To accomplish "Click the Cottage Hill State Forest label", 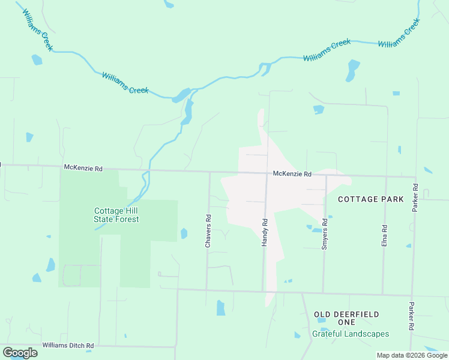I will tap(116, 215).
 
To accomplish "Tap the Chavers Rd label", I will tap(208, 232).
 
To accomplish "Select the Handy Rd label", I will tap(264, 232).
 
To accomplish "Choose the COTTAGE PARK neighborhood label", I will tap(370, 199).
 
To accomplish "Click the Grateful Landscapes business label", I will tap(350, 334).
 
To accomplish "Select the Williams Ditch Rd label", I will tap(68, 346).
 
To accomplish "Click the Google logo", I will tap(20, 352).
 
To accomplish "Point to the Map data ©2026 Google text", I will tap(412, 355).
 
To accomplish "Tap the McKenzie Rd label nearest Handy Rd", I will tap(292, 174).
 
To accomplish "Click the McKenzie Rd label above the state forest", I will tap(83, 169).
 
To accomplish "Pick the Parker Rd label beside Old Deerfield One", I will tap(412, 316).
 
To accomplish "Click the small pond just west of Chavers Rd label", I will tap(184, 233).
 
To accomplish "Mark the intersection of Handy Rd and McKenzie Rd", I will tap(267, 174).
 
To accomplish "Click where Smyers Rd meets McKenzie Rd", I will tap(326, 176).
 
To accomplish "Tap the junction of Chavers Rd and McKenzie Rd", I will tap(209, 172).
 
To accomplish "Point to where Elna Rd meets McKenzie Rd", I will tap(386, 177).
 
